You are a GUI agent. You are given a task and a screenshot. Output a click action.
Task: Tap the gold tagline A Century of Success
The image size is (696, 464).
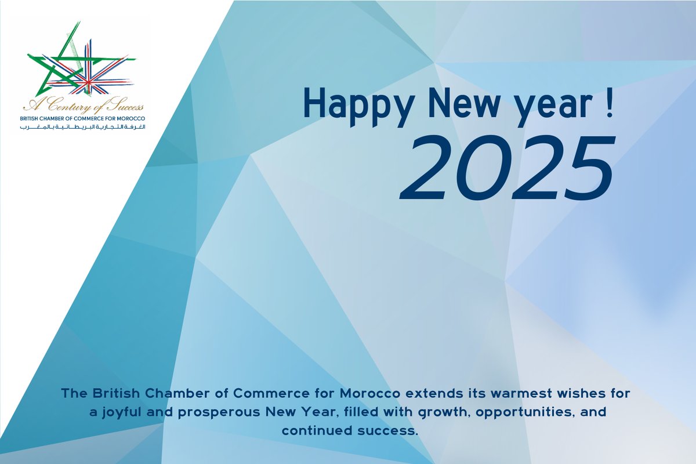click(x=84, y=107)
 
